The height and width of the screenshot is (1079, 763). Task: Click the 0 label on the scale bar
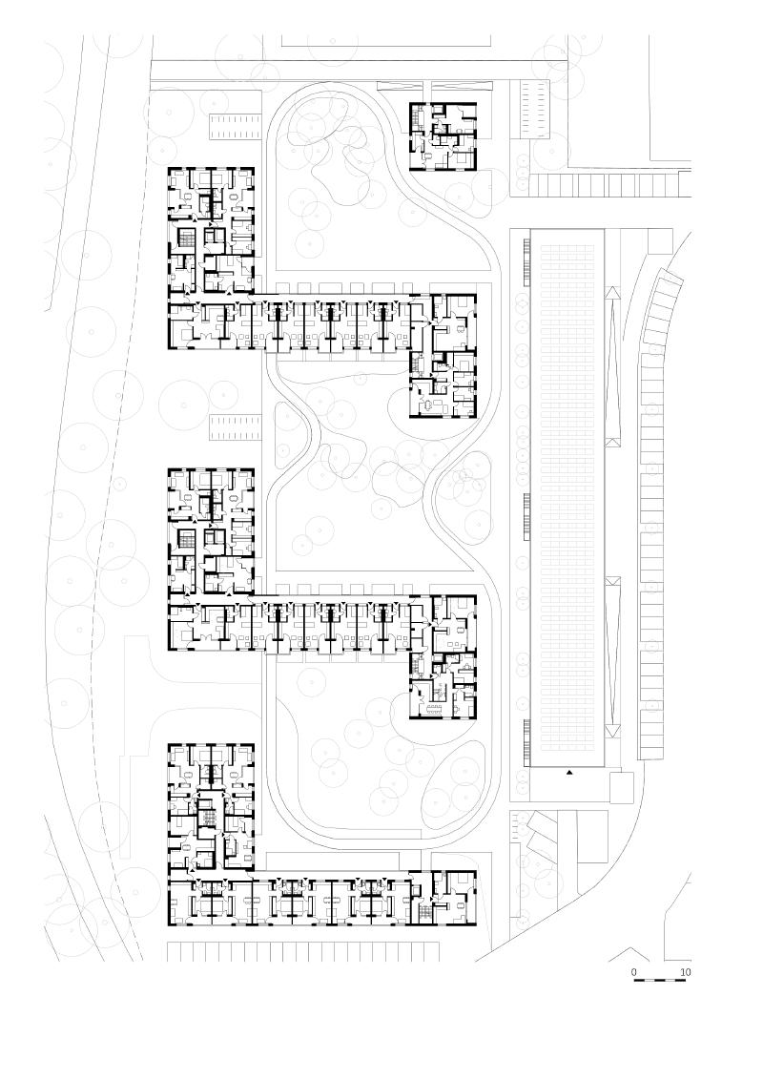point(634,972)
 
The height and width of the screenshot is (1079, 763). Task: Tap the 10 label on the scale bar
point(685,972)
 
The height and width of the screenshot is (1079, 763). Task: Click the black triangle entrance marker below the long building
point(570,773)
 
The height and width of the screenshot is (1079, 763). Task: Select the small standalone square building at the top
point(443,135)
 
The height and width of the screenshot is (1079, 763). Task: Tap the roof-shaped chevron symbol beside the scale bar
point(629,954)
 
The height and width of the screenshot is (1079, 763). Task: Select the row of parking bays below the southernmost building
point(302,951)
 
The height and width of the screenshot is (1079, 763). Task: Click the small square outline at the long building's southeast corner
point(621,786)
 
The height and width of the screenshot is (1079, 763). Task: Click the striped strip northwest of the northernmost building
point(235,126)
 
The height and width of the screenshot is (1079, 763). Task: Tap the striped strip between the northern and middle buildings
point(235,426)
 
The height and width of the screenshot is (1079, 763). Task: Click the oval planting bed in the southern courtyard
point(452,792)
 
